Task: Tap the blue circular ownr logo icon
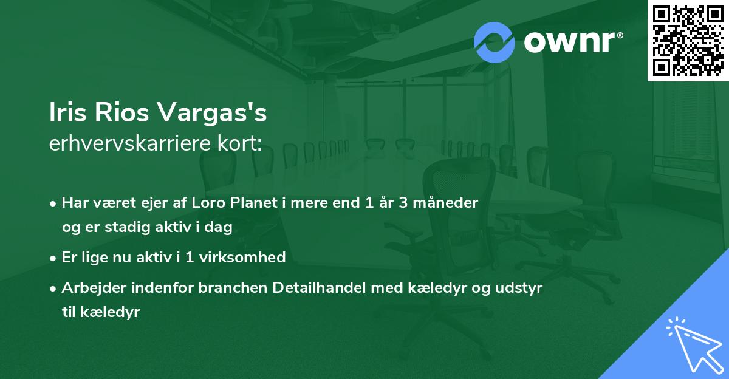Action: (x=495, y=42)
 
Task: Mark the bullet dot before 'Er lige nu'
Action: (x=54, y=258)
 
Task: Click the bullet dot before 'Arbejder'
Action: (x=54, y=288)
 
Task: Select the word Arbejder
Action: (x=91, y=287)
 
